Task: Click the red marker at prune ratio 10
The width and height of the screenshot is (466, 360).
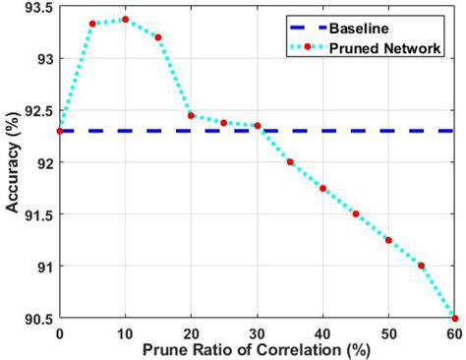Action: click(125, 19)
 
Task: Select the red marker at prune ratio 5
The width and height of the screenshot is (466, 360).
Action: click(92, 24)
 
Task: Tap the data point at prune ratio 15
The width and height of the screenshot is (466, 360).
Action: click(158, 37)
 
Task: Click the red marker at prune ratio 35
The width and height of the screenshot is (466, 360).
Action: click(290, 162)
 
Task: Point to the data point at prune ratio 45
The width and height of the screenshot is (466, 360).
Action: click(356, 213)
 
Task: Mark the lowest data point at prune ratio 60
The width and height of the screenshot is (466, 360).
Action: click(454, 318)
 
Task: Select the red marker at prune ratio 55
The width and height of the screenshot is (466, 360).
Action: click(422, 266)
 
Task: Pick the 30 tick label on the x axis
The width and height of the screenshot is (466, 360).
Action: click(258, 332)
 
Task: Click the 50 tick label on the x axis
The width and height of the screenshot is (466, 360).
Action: click(388, 332)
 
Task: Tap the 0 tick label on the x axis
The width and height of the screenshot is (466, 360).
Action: click(60, 332)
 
